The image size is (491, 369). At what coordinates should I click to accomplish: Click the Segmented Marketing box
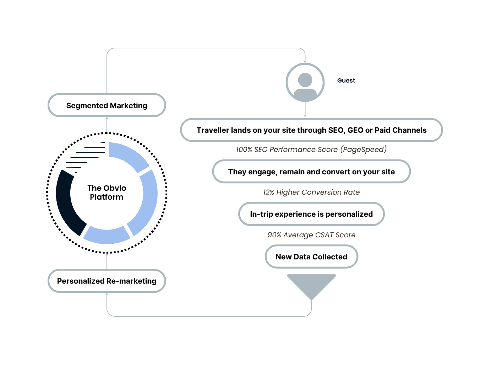point(107,105)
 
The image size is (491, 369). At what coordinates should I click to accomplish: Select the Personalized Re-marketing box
point(107,281)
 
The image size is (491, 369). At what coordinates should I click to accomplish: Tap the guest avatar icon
point(305,82)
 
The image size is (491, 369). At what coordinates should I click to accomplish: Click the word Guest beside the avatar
point(346,80)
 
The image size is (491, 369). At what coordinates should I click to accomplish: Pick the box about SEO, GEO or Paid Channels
point(311,130)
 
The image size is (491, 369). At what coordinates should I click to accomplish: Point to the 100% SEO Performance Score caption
point(311,149)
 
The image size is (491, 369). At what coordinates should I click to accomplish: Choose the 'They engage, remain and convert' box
point(311,172)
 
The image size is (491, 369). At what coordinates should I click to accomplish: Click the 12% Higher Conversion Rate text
point(311,192)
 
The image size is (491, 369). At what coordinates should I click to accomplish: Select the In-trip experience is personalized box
point(311,214)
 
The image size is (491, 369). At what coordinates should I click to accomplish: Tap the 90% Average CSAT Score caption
point(311,235)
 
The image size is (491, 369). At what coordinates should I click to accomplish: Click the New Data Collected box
point(311,257)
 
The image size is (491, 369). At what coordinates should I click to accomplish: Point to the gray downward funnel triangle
point(311,284)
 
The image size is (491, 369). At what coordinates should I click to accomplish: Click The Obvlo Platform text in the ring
point(107,192)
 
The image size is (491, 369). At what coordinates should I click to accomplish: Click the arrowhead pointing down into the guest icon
point(305,62)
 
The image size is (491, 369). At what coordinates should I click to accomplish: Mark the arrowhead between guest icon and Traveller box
point(305,115)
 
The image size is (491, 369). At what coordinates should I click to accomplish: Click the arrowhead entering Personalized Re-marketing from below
point(107,294)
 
